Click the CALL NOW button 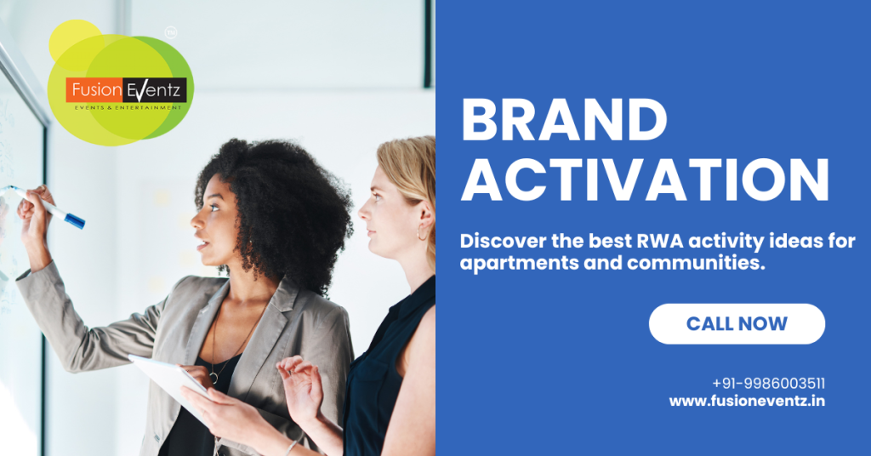tap(737, 324)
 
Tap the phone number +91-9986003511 tap(768, 383)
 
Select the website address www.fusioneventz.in tap(747, 401)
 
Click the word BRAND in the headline tap(564, 120)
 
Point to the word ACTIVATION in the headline tap(645, 180)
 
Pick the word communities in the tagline tap(697, 263)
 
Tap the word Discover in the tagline tap(503, 241)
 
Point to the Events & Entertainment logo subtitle tap(128, 107)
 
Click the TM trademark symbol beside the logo tap(171, 33)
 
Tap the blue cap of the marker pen tap(75, 221)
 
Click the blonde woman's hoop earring tap(422, 231)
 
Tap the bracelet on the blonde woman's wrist tap(291, 447)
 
